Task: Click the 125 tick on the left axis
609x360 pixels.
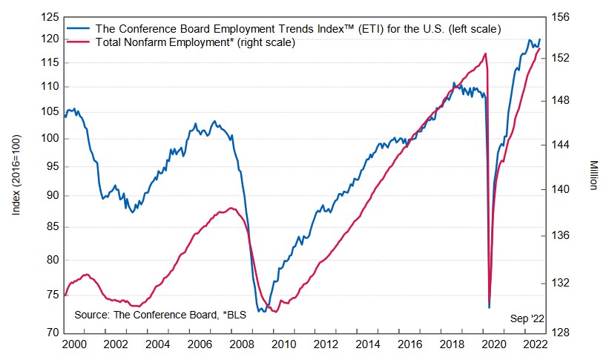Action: pos(50,16)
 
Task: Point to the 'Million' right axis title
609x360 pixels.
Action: pos(594,174)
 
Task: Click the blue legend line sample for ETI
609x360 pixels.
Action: pos(79,28)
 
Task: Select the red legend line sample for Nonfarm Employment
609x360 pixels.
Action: pos(79,42)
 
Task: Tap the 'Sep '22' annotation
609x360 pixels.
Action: pos(527,318)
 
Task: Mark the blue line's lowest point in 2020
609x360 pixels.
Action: pos(490,307)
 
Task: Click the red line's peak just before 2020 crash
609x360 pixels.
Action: pos(485,53)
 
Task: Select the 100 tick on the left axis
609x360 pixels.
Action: pos(50,138)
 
